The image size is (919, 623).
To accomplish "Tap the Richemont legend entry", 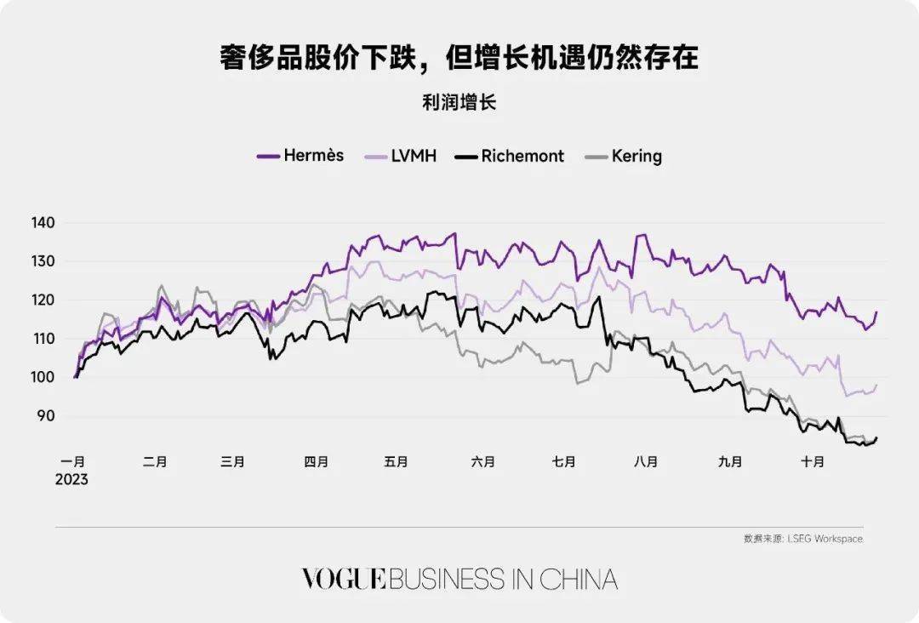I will coord(509,156).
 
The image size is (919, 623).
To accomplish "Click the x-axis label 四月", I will coord(316,462).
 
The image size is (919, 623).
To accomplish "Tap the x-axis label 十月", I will coord(813,462).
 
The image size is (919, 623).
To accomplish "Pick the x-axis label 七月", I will coord(563,462).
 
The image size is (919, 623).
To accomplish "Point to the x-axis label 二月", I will coord(155,462).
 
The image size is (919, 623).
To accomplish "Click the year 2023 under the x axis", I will coord(73,479).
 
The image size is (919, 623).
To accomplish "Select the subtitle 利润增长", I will coord(459,103).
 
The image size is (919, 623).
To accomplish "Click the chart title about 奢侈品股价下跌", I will coord(459,58).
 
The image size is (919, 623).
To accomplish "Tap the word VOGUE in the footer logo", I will coord(344,580).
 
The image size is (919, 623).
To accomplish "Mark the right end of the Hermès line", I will coord(876,312).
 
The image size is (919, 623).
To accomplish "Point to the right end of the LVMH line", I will coord(876,385).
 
